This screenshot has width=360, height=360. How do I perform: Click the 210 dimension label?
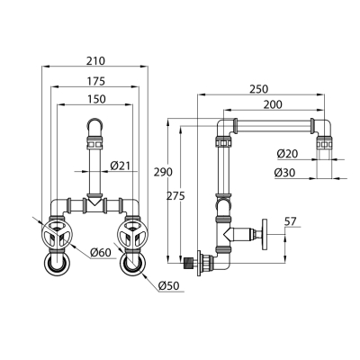pos(96,61)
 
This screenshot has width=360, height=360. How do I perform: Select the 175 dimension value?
pos(96,81)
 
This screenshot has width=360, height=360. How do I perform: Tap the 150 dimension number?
pos(96,99)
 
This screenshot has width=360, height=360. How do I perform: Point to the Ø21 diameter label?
pos(121,166)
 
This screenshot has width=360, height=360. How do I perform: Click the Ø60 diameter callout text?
pos(101,253)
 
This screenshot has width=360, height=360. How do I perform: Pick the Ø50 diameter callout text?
pos(168,285)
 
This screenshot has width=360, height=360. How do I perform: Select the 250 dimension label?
pos(258,89)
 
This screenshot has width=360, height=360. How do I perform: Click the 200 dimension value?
pos(273,104)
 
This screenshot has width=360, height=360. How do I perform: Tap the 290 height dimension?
pos(163,172)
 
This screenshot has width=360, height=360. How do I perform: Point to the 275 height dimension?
pos(175,196)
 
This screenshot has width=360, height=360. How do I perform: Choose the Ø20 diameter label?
pos(287,154)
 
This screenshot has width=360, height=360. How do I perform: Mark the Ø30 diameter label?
pos(284,173)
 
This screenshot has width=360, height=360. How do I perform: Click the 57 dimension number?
pos(290,221)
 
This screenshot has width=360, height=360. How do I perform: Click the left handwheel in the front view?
pos(57,234)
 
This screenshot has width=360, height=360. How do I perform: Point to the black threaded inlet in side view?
pos(187,263)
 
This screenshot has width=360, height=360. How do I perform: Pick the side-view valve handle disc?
pos(265,234)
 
